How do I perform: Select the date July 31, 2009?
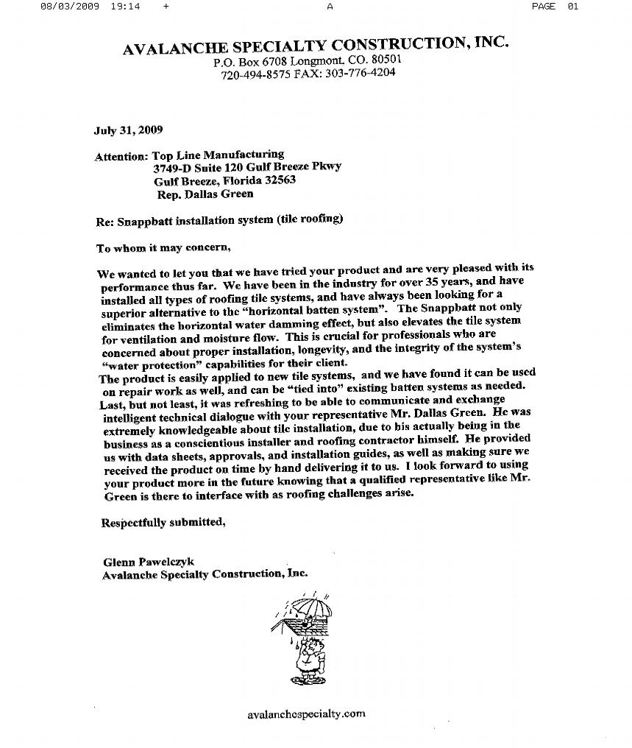128,130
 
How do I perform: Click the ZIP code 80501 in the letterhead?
386,59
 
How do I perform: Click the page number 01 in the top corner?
573,6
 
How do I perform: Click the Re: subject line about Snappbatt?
219,220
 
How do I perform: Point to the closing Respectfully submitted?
162,523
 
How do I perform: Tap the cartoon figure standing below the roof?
304,657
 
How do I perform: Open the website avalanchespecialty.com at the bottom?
306,713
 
